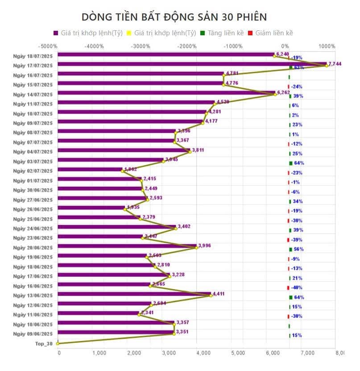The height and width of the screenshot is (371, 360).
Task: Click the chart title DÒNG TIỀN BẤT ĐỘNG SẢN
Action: pos(174,17)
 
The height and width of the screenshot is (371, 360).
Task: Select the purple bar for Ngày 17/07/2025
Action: pos(192,64)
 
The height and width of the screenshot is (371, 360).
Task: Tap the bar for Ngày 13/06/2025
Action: pos(134,294)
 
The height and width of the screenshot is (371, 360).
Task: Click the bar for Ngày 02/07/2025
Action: pos(89,170)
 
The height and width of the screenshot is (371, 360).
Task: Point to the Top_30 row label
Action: pos(44,344)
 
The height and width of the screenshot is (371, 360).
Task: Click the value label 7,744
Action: pos(335,64)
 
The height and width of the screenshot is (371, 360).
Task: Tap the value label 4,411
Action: pos(219,294)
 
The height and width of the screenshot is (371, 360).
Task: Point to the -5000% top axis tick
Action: pos(48,46)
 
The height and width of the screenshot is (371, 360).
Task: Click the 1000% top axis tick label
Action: pos(327,46)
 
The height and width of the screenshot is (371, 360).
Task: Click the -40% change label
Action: pos(297,288)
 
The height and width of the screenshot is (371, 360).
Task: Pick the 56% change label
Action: pos(298,249)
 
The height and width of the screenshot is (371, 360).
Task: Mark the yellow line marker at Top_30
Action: pos(58,343)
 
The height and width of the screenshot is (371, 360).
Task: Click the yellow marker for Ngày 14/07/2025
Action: pos(275,94)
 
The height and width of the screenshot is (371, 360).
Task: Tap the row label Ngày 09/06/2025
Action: pos(33,334)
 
